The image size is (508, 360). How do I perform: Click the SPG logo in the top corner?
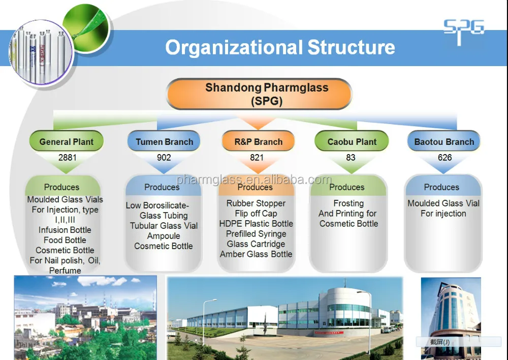463,32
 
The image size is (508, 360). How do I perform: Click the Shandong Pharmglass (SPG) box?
259,94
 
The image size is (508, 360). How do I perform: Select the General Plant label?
67,142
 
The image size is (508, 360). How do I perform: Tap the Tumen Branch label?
164,142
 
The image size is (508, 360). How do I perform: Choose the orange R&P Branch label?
258,142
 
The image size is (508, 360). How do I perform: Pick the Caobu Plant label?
352,142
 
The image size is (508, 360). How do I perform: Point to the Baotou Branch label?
444,142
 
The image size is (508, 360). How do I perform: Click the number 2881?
68,158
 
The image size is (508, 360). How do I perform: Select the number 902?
164,158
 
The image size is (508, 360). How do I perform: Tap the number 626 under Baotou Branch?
444,158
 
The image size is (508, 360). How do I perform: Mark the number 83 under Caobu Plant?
351,158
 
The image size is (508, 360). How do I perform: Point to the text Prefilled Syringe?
256,234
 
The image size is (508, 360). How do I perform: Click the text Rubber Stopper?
256,203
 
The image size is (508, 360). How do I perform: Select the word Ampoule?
164,236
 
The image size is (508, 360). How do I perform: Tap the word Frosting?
348,203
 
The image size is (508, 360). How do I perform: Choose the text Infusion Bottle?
65,230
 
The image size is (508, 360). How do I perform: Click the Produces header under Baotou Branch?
441,187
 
